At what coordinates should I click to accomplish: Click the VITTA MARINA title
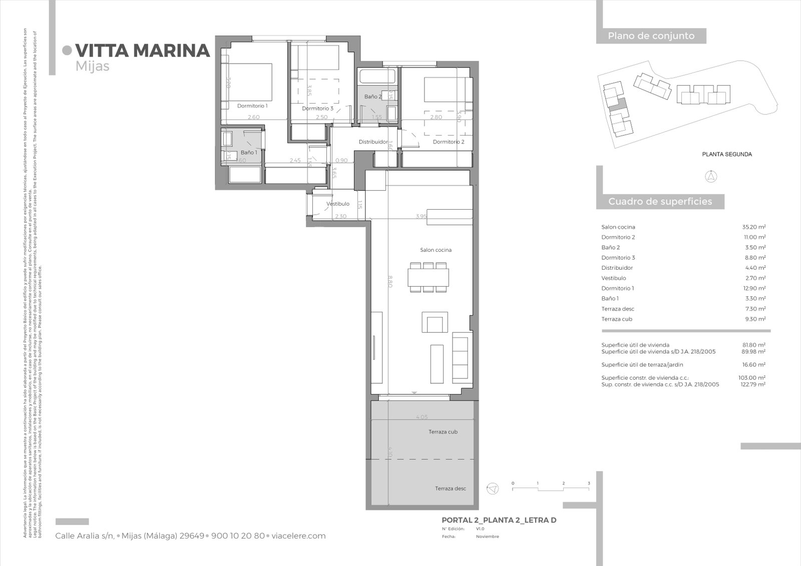click(x=142, y=51)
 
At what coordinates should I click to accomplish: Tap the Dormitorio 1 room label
click(x=252, y=106)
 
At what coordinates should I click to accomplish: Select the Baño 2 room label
click(x=372, y=97)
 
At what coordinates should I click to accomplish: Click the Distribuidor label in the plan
click(x=373, y=142)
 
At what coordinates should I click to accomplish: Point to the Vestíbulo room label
click(x=337, y=204)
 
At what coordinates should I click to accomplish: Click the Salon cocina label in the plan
click(x=435, y=250)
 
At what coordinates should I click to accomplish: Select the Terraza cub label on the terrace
click(x=443, y=432)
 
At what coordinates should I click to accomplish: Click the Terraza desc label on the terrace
click(x=450, y=488)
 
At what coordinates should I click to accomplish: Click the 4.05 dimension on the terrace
click(x=422, y=417)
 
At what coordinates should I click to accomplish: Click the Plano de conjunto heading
click(x=651, y=36)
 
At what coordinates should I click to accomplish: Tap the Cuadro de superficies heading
click(x=660, y=202)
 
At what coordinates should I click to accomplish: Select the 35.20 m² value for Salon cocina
click(x=753, y=227)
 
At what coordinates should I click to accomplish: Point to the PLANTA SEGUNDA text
click(x=726, y=155)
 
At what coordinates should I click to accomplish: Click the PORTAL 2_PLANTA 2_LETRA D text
click(x=499, y=520)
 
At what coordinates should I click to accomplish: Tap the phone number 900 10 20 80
click(x=238, y=536)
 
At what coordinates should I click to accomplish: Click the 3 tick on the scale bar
click(x=589, y=484)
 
